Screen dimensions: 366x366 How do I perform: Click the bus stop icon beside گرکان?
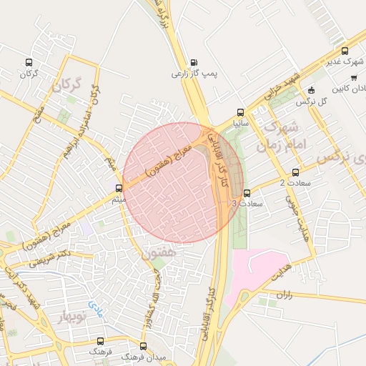tap(29, 61)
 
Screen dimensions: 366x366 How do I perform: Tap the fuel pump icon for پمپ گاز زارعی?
tap(195, 61)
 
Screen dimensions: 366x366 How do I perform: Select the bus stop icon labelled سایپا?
tap(240, 112)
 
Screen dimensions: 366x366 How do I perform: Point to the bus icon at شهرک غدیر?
tap(345, 51)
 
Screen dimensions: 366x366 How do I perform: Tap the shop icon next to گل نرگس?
tap(311, 90)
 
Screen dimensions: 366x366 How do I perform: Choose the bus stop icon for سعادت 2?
tap(296, 172)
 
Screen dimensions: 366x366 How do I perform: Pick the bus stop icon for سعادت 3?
tap(247, 192)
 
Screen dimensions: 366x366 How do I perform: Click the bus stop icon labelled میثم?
tap(119, 188)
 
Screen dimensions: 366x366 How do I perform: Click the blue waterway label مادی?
tap(95, 310)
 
